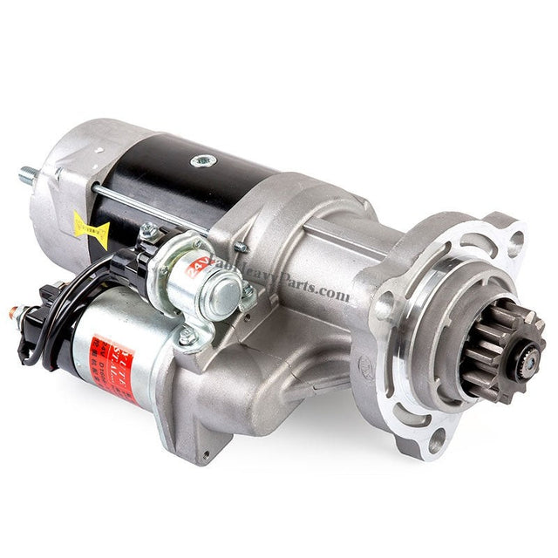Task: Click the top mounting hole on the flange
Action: pos(515,238)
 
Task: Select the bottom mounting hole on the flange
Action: pos(435,440)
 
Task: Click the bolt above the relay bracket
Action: pos(149,230)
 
